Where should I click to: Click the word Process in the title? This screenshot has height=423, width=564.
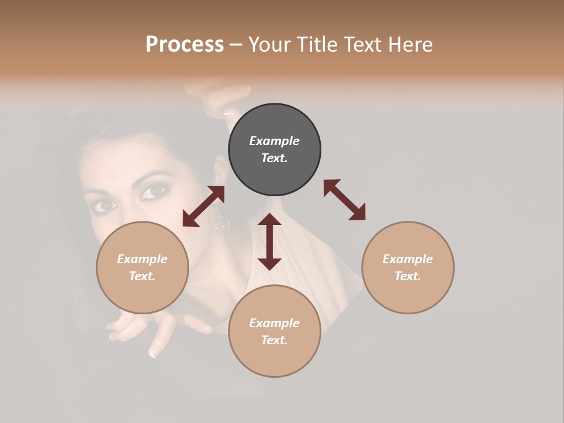[x=184, y=45]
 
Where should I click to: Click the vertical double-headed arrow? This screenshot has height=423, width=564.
[x=270, y=241]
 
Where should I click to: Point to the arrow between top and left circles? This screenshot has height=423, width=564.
[x=203, y=206]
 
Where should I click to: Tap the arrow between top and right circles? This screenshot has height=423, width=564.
[x=344, y=200]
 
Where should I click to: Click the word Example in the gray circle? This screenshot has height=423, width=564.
[x=274, y=141]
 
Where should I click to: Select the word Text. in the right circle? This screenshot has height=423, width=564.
[x=408, y=276]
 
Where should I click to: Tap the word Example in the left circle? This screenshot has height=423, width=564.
[x=142, y=259]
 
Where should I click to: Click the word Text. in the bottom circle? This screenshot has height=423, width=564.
[x=274, y=340]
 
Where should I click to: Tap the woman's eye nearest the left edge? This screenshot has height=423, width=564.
[x=106, y=205]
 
